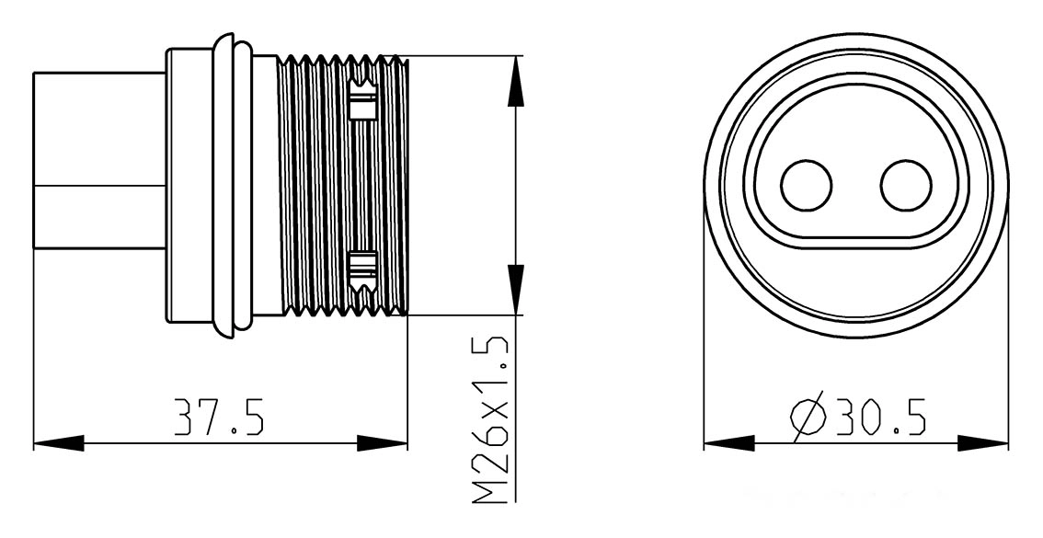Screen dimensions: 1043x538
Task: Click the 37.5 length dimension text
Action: [x=219, y=417]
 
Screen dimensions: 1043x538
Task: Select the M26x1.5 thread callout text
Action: [x=490, y=420]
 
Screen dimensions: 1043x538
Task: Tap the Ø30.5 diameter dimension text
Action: [x=858, y=417]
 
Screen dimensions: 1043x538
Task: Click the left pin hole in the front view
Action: [x=807, y=186]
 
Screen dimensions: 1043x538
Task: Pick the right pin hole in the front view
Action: [x=906, y=186]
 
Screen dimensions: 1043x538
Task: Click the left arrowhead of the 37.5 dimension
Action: [x=59, y=443]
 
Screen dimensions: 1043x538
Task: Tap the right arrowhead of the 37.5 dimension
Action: [x=382, y=443]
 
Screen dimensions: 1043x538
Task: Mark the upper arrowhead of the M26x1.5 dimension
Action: [x=515, y=81]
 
